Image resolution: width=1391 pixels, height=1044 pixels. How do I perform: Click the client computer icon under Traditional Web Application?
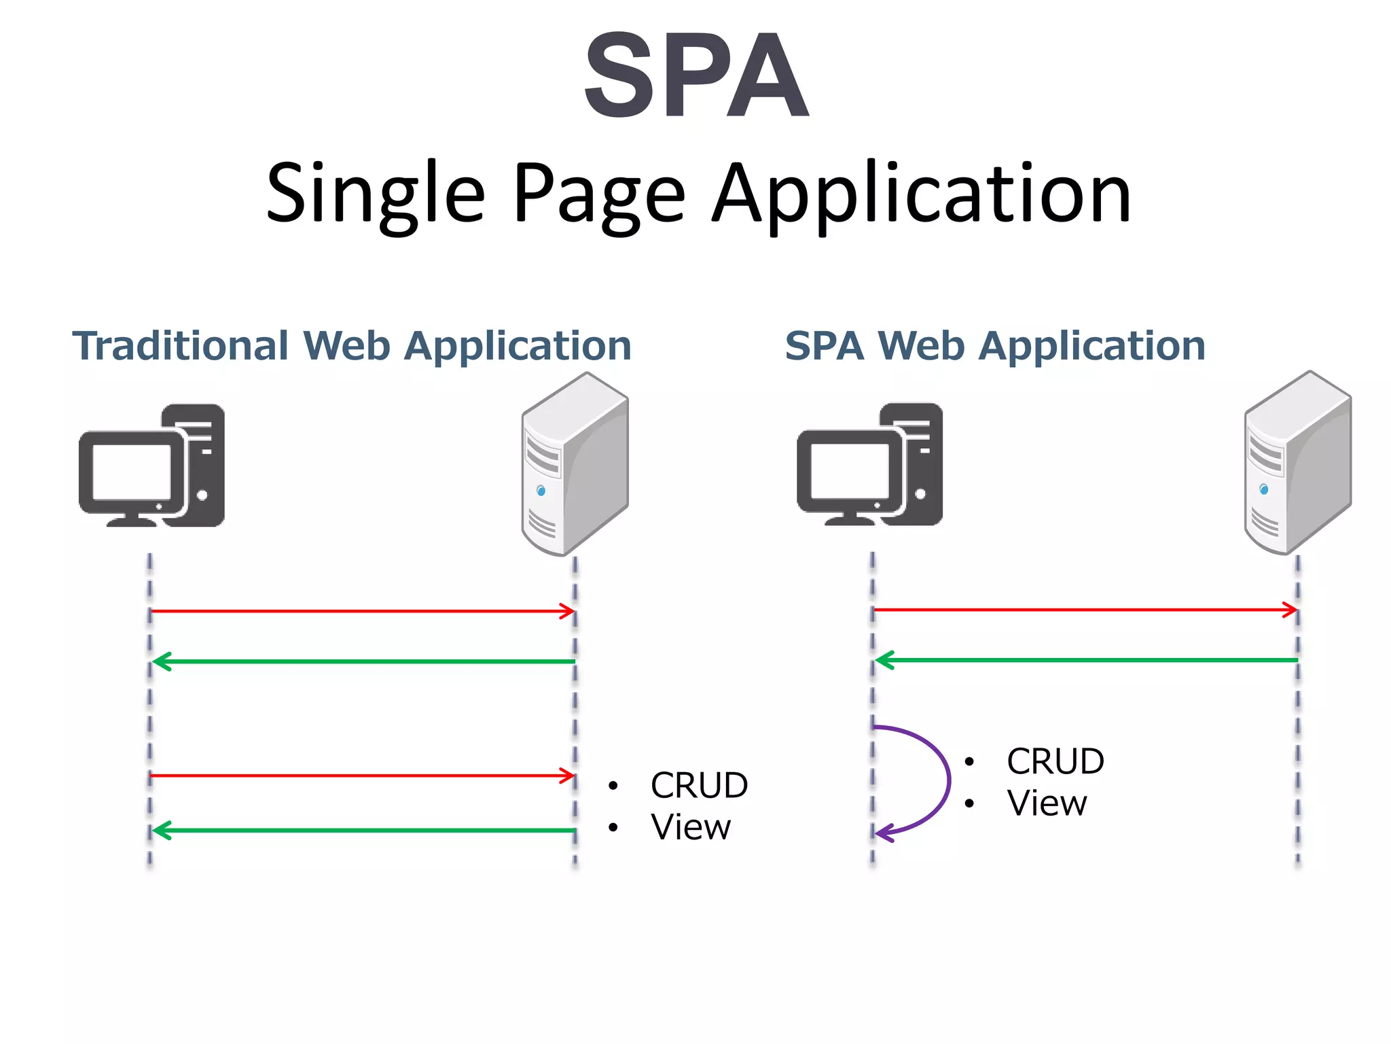(152, 466)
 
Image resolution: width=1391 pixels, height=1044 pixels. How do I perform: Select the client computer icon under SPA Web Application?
(870, 465)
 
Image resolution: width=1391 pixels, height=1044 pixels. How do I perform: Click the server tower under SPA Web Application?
(1297, 462)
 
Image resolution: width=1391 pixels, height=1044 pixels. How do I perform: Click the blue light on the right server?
(1263, 489)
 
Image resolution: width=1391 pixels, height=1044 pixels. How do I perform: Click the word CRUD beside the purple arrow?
(1055, 761)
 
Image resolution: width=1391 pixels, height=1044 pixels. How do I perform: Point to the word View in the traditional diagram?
(690, 827)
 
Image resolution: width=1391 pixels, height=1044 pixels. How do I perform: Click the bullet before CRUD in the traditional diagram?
(613, 786)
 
